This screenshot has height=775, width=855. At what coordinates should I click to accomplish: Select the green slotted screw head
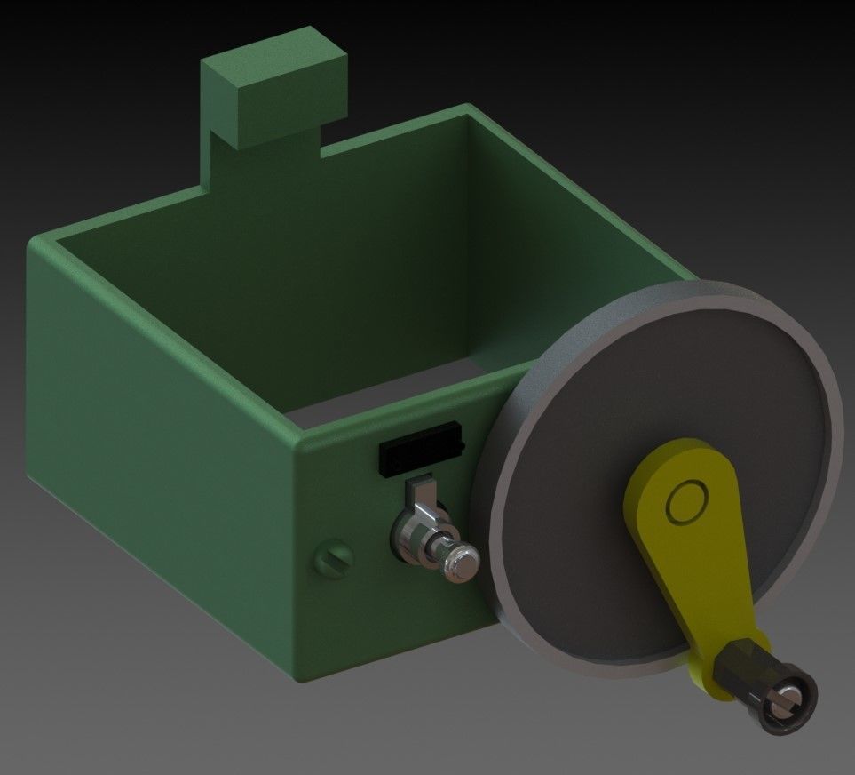coord(334,560)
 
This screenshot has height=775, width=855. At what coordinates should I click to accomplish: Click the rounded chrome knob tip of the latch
coord(462,562)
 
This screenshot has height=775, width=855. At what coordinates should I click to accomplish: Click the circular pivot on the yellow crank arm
coord(686,504)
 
